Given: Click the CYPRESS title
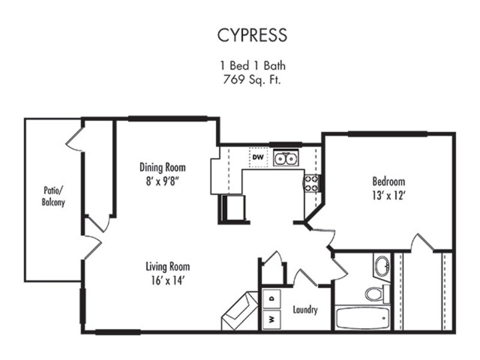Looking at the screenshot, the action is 252,35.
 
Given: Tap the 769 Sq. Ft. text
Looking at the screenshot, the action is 252,80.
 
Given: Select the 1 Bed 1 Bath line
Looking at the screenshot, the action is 253,65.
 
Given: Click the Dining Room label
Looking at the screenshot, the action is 163,167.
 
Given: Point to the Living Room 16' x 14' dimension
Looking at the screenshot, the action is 167,280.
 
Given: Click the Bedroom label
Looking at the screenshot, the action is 388,182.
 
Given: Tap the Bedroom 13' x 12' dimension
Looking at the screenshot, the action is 389,196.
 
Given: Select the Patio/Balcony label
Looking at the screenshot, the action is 53,196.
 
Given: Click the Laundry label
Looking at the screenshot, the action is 305,310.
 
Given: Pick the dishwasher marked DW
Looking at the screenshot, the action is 258,157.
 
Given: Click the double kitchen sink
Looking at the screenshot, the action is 286,158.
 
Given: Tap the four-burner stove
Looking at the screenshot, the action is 311,184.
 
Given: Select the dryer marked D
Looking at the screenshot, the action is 272,299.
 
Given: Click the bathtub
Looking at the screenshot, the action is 362,318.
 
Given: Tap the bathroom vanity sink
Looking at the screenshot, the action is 382,266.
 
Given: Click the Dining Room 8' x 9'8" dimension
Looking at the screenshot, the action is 162,182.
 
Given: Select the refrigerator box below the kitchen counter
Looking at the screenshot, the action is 233,209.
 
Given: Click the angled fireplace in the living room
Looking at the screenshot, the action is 239,310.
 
